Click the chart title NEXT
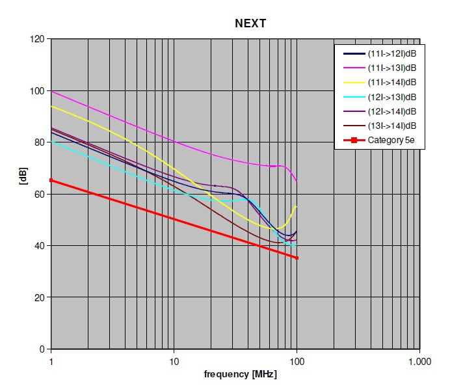250,23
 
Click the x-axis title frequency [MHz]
234,375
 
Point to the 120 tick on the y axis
36,39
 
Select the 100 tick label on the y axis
36,90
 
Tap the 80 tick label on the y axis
39,142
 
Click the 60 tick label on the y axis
39,194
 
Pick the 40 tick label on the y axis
39,246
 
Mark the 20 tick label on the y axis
39,297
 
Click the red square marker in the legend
351,140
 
